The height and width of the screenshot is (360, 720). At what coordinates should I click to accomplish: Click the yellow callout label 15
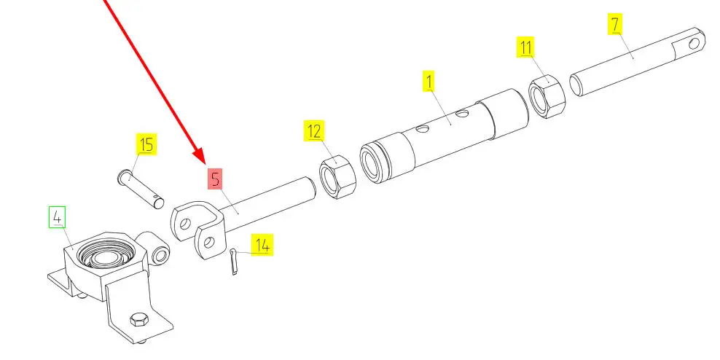click(x=146, y=144)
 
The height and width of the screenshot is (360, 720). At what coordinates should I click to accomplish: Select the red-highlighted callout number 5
click(x=216, y=179)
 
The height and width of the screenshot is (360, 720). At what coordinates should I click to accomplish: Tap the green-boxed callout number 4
click(x=58, y=217)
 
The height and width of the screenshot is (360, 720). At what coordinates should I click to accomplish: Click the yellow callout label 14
click(x=262, y=245)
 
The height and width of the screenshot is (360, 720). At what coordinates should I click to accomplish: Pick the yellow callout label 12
click(x=314, y=130)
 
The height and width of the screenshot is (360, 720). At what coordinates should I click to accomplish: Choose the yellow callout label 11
click(x=525, y=47)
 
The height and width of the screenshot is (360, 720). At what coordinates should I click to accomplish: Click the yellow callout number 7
click(x=615, y=23)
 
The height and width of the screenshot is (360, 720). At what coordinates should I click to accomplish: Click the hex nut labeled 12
click(x=337, y=177)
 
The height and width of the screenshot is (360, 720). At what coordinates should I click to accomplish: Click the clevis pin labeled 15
click(x=141, y=189)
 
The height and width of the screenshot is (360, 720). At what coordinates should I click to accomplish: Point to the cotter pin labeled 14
click(x=234, y=262)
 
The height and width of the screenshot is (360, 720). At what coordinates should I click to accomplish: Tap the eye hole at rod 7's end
click(x=694, y=43)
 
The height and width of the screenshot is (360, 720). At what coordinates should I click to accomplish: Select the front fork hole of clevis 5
click(x=209, y=242)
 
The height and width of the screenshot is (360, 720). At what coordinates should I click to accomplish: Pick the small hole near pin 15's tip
click(x=157, y=200)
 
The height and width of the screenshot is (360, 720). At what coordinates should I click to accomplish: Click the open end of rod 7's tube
click(x=576, y=85)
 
